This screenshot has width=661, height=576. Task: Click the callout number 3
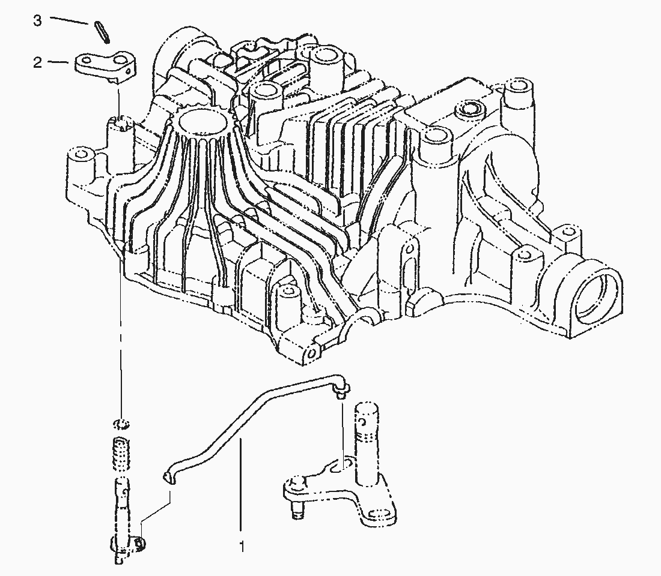37,20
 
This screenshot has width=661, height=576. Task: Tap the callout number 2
37,63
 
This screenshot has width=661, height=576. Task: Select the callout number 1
242,547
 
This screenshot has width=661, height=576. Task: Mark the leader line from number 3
70,20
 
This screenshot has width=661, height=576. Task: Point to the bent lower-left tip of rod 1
168,476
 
